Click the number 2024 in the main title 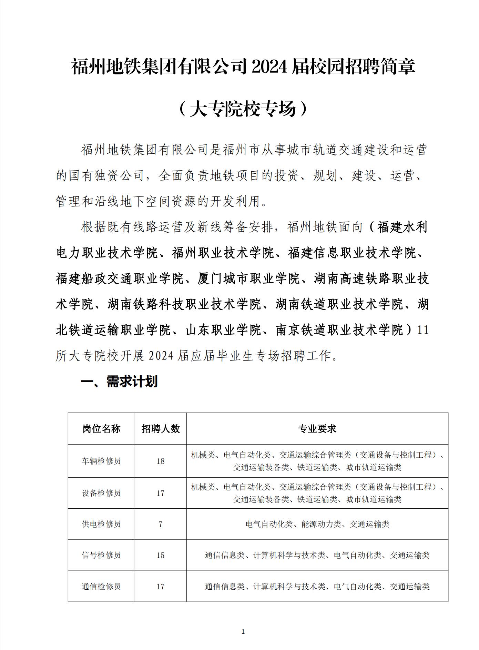pos(269,67)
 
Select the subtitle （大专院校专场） pos(243,109)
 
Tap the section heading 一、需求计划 pos(119,382)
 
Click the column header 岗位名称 pos(101,429)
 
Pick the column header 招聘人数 pos(161,429)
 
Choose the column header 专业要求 pos(317,429)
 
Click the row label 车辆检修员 pos(101,461)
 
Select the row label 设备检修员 pos(101,493)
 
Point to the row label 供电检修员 pos(101,524)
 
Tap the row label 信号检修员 pos(101,555)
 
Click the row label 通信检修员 pos(101,587)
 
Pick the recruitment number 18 pos(161,461)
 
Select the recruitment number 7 pos(161,524)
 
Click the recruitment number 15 pos(161,555)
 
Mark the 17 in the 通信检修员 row pos(161,587)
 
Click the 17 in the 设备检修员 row pos(161,493)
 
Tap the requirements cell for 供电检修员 pos(317,524)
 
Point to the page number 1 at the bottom pos(243,631)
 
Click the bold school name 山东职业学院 pos(223,330)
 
